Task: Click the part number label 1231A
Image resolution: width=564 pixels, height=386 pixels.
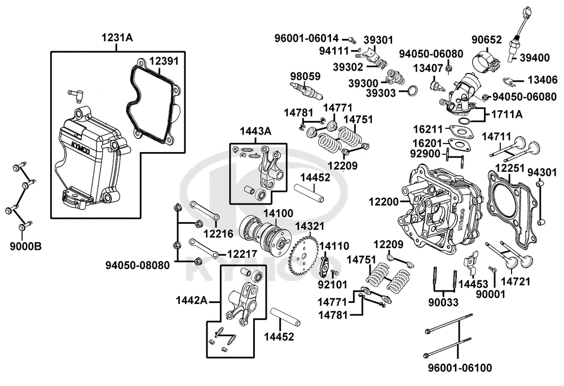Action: pos(117,37)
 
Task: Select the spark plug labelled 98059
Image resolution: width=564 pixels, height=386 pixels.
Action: pos(306,91)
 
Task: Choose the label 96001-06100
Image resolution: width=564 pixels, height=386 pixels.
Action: pos(460,368)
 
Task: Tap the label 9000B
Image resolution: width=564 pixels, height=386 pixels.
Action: pos(25,246)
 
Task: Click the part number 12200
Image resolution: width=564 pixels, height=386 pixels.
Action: pos(384,202)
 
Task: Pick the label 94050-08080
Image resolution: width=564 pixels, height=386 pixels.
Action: pos(138,265)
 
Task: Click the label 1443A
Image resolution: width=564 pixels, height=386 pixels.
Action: pos(255,131)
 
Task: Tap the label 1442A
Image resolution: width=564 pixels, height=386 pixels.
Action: pos(191,300)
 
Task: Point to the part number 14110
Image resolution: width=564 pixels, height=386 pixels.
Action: pos(334,246)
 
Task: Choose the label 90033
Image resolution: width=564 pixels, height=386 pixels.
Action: pos(443,302)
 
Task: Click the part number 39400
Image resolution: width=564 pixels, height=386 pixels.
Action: pos(535,58)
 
